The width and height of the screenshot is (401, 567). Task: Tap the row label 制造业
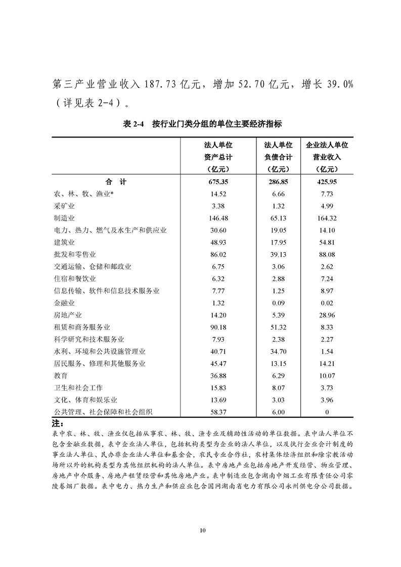tap(64, 218)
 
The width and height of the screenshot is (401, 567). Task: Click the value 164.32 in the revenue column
tap(327, 218)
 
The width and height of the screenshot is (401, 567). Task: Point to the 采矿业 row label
tap(64, 206)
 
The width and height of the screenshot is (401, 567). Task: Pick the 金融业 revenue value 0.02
tap(327, 303)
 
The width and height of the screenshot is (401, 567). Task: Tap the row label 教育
tap(61, 375)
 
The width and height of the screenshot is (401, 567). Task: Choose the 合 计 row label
tap(116, 182)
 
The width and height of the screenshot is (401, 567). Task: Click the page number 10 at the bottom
tap(202, 530)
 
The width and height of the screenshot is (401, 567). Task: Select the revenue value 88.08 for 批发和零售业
tap(327, 254)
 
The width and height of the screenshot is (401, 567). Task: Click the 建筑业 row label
tap(64, 242)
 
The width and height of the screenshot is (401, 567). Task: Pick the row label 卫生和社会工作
tap(78, 388)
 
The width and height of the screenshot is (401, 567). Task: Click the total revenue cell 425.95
tap(327, 182)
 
